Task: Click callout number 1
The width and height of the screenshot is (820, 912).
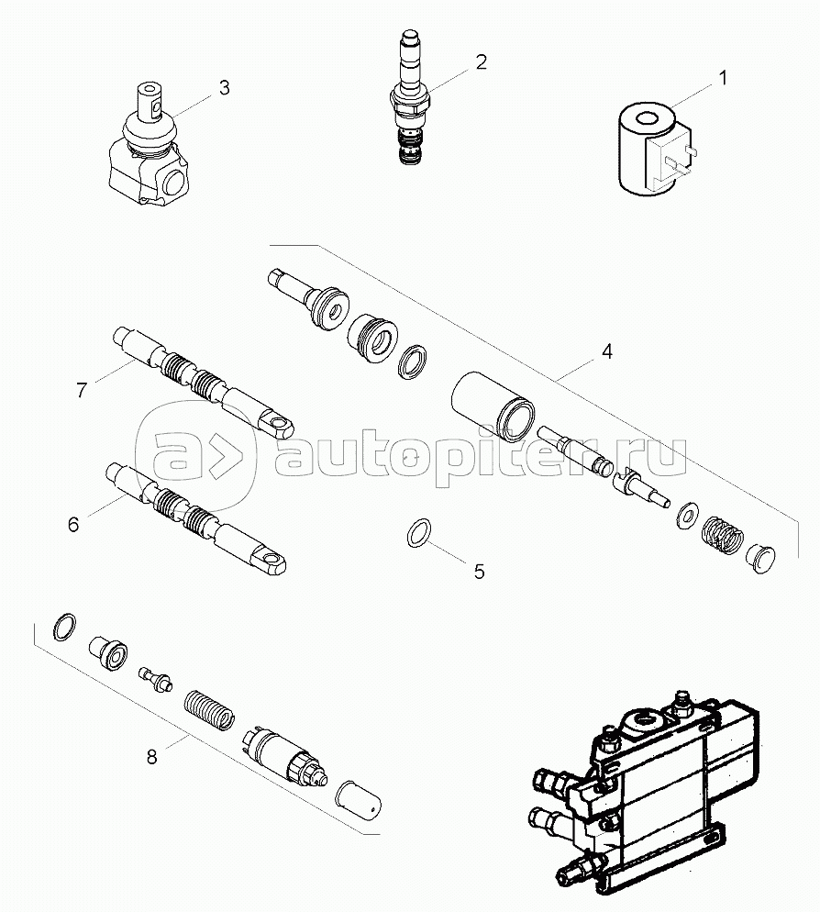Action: coord(722,78)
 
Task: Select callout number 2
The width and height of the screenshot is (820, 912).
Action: coord(481,62)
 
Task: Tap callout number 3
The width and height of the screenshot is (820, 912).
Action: coord(224,88)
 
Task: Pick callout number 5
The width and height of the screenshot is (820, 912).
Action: coord(479,570)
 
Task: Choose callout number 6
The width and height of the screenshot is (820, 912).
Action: coord(74,524)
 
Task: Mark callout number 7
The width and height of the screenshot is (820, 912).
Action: coord(82,390)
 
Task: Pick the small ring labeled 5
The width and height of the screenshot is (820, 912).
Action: coord(421,529)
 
